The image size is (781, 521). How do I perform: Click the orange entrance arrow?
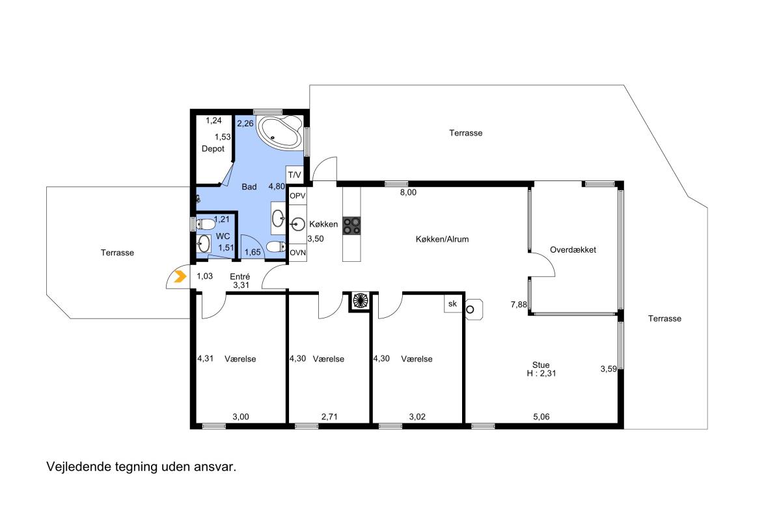click(x=180, y=276)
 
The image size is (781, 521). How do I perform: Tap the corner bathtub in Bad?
click(x=279, y=133)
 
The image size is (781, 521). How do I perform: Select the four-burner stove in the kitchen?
click(x=351, y=226)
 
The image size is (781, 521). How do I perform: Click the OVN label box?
click(x=298, y=253)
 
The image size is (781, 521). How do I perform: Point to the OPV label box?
click(x=298, y=196)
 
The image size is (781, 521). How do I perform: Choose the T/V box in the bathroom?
click(x=295, y=175)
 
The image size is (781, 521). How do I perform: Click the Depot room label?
click(x=213, y=148)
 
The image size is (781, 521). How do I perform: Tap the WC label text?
click(x=223, y=236)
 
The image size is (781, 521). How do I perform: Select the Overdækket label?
click(x=573, y=250)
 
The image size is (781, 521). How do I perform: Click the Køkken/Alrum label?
click(x=442, y=239)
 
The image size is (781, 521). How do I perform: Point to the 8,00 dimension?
click(x=408, y=192)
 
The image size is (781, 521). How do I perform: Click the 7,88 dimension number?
click(x=519, y=305)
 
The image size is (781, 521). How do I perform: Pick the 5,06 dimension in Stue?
click(x=541, y=416)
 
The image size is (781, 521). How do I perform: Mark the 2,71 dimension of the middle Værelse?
click(x=329, y=416)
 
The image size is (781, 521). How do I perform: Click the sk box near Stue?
click(x=453, y=303)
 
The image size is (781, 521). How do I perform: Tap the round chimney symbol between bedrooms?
click(x=361, y=300)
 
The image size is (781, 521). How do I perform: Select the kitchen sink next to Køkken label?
click(x=297, y=224)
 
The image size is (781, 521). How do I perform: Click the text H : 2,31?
click(x=541, y=373)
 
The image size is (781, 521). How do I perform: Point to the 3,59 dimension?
click(x=609, y=369)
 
